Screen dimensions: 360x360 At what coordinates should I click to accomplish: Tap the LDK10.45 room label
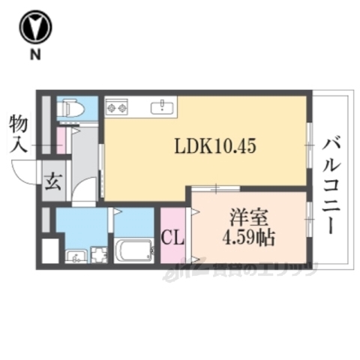[x=215, y=147]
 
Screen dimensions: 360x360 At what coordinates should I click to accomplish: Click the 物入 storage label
[x=18, y=133]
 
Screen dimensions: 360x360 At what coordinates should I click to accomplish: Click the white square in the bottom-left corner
[x=49, y=250]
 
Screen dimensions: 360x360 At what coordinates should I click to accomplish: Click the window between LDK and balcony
[x=308, y=142]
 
